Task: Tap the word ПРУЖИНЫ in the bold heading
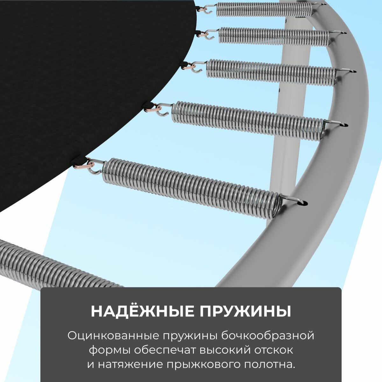pyautogui.click(x=245, y=312)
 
